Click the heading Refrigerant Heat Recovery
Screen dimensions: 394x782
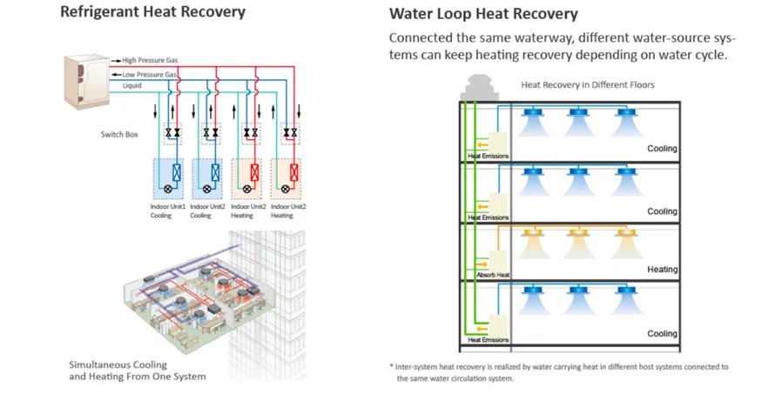(x=152, y=12)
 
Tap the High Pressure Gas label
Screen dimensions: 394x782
(x=149, y=60)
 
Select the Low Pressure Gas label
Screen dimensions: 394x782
(x=149, y=75)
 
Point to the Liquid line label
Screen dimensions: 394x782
(x=131, y=85)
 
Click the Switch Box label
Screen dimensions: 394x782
(x=120, y=135)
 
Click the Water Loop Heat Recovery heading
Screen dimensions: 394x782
(x=482, y=14)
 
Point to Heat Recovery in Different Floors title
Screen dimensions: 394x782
(x=587, y=85)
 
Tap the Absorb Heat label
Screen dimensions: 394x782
(x=492, y=275)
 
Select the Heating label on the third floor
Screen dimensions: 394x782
(x=662, y=270)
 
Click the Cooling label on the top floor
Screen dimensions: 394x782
(x=662, y=149)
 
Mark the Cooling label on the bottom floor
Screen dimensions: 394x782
(x=662, y=334)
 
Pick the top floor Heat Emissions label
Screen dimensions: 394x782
(x=489, y=157)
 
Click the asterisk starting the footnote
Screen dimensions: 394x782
(x=392, y=367)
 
